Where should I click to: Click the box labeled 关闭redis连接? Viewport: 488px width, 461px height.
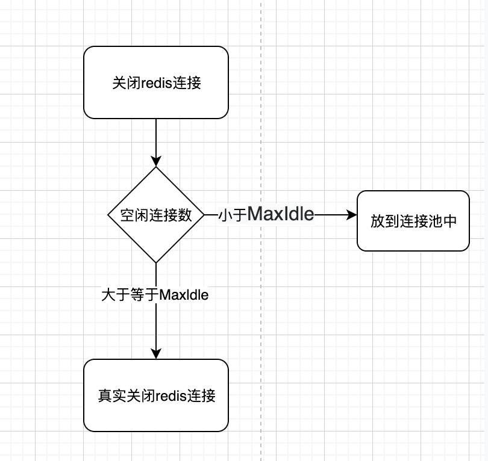pos(155,82)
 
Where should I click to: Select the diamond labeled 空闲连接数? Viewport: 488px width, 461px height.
pos(155,215)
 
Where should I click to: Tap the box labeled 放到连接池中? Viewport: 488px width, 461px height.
pos(413,221)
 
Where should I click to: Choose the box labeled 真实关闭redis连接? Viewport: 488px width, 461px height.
pos(155,395)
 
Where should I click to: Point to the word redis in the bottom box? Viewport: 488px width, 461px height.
pos(171,396)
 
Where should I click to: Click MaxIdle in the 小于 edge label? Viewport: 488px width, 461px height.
pos(281,214)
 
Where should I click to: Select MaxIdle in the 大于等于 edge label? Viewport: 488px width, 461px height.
pos(184,295)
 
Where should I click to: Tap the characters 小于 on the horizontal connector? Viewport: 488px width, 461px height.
pos(233,215)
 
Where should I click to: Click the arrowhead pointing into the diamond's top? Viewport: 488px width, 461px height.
pos(156,161)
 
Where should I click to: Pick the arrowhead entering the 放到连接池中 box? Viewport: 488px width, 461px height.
pos(352,215)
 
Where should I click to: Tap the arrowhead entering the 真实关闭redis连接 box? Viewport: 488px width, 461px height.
pos(156,354)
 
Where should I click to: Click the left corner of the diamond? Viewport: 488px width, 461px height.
pos(108,215)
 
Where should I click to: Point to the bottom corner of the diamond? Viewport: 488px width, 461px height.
pos(156,262)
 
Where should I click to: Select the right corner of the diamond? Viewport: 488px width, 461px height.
pos(204,215)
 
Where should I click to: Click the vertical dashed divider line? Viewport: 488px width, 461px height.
pos(261,120)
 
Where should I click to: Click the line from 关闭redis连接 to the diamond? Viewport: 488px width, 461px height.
pos(156,138)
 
